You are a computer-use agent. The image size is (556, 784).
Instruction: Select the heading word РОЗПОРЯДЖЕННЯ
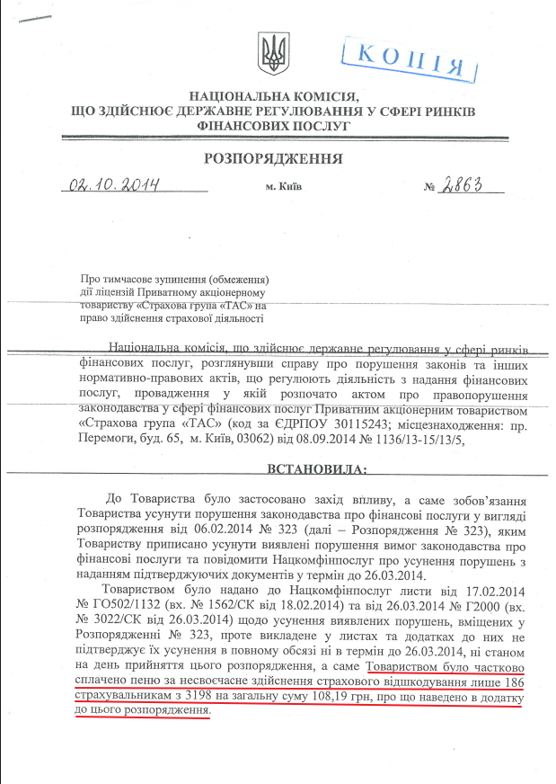click(273, 159)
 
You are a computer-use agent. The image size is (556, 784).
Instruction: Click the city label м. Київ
click(284, 187)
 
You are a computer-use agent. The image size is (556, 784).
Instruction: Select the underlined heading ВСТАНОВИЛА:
click(318, 468)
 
